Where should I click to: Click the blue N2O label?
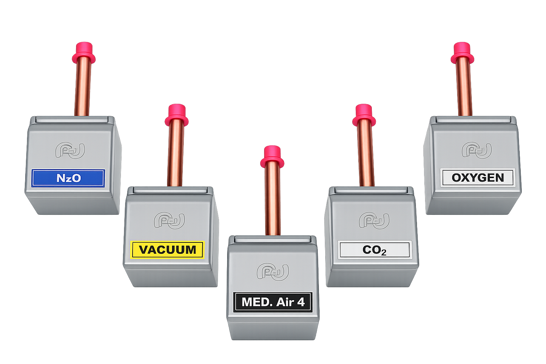coord(68,178)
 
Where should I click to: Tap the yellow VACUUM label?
coord(167,250)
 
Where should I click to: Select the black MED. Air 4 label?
coord(273,302)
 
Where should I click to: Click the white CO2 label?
coord(375,250)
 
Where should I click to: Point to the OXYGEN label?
coord(478,178)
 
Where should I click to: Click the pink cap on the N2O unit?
coord(84,53)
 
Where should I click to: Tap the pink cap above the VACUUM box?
coord(176,115)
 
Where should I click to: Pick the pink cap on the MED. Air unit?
coord(272,157)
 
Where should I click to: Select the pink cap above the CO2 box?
coord(364,115)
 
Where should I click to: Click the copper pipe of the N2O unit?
coord(82,86)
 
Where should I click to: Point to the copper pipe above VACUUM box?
coord(176,154)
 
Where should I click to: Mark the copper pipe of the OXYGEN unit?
coord(464,86)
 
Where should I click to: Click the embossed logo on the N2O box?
coord(70,150)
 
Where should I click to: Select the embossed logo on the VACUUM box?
coord(170,221)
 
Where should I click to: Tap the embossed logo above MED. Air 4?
coord(273,272)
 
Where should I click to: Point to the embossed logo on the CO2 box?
coord(374,221)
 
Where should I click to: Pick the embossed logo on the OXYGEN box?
coord(477,150)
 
